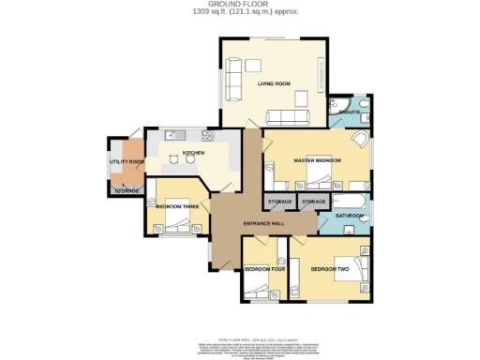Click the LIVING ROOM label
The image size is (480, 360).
[x=274, y=84]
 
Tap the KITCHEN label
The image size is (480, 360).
[x=193, y=152]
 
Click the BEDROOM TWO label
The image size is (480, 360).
[x=330, y=269]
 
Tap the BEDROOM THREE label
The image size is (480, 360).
[x=175, y=205]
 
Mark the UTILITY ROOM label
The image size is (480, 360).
[x=127, y=162]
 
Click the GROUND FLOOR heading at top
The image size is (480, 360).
[x=240, y=5]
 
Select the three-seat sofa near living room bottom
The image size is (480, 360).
[x=287, y=116]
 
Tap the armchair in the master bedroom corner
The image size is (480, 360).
[x=360, y=141]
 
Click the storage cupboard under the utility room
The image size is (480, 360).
[x=127, y=191]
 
